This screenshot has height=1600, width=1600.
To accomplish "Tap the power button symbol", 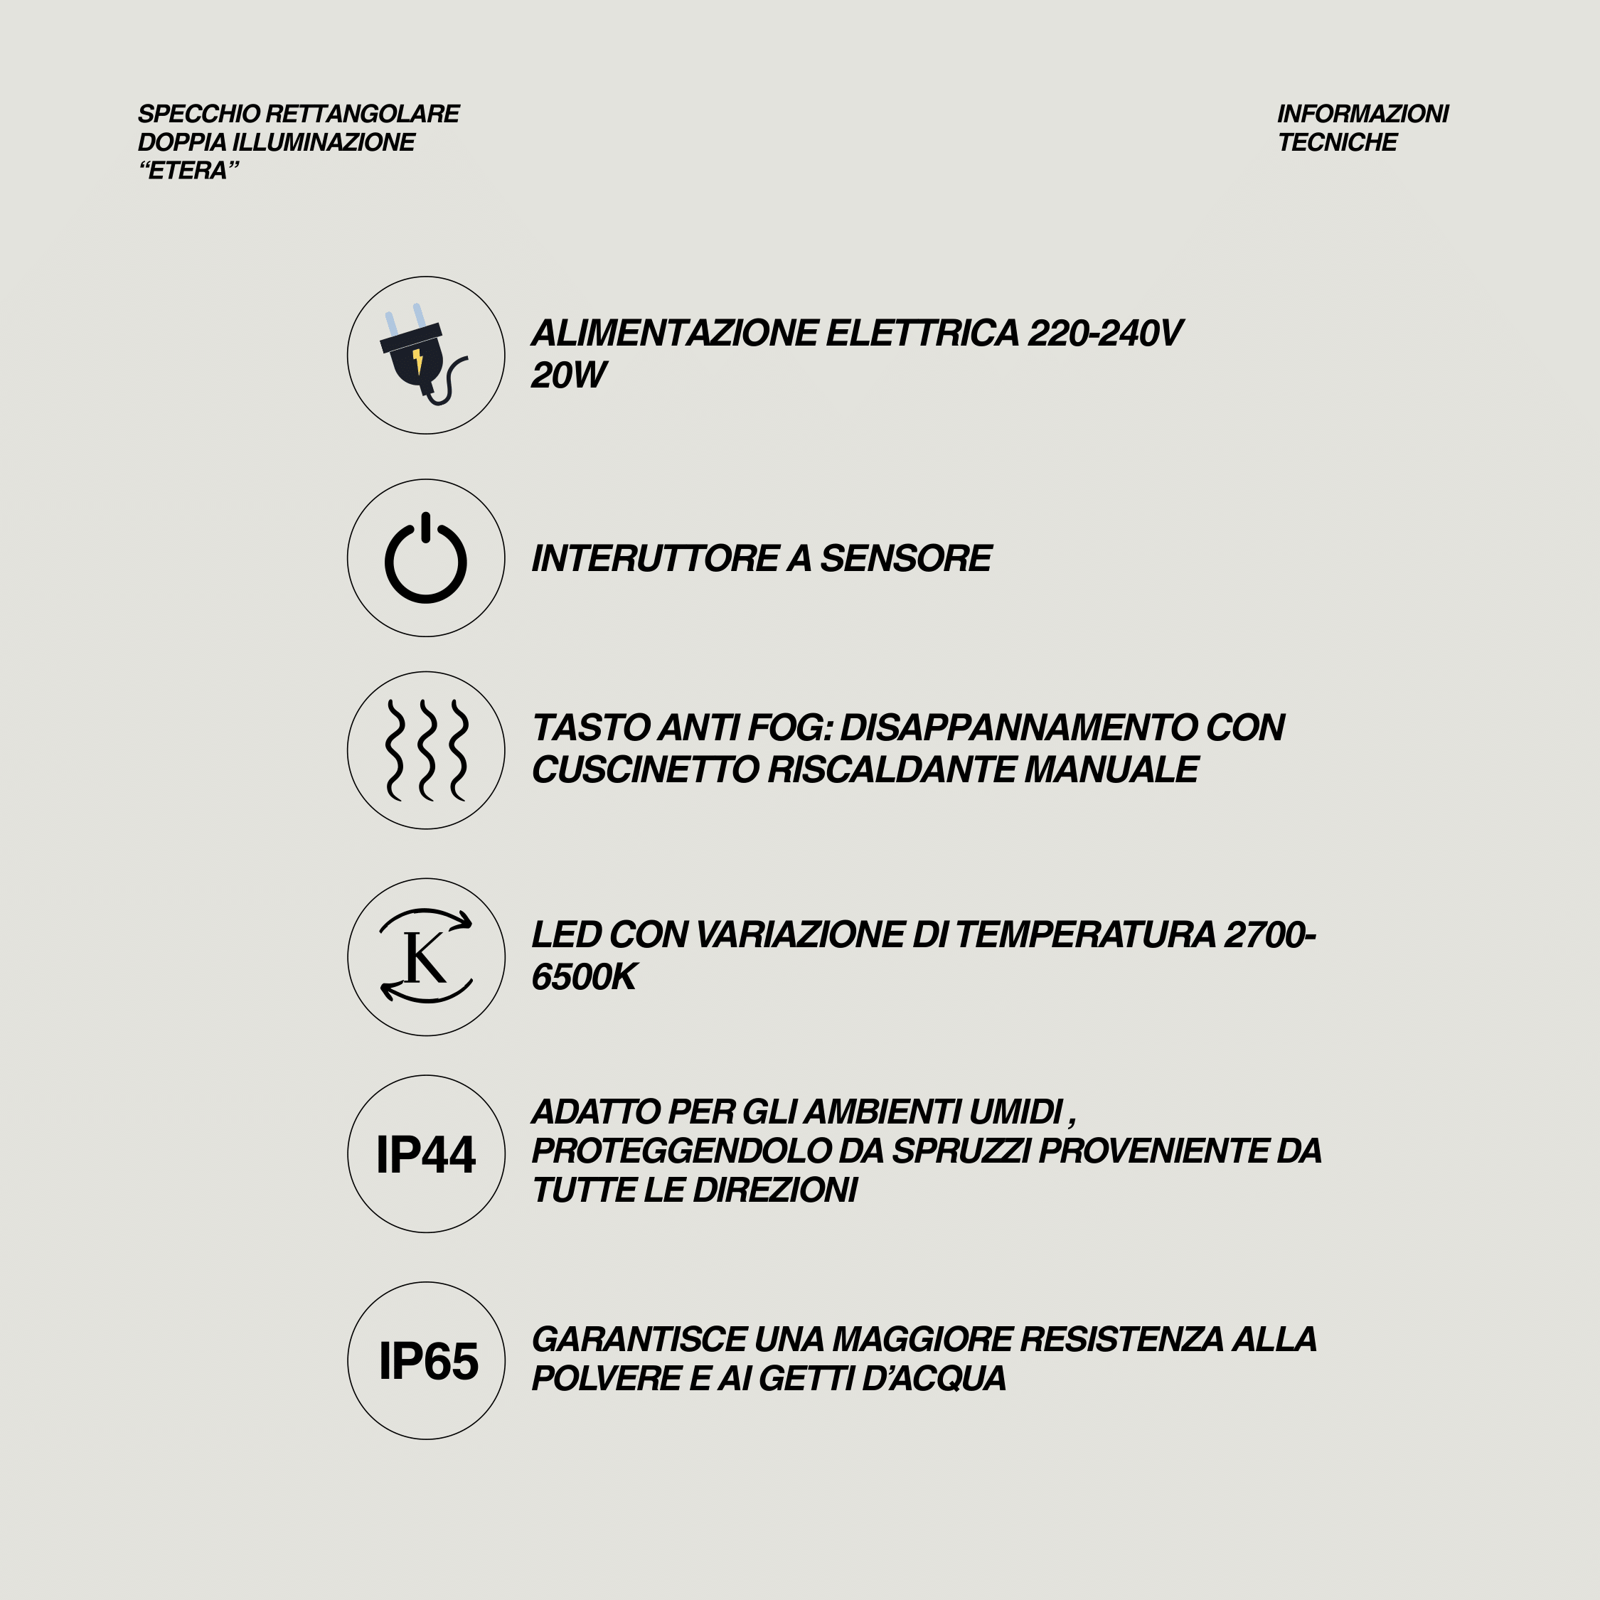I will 426,558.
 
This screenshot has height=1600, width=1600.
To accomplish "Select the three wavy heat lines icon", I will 426,750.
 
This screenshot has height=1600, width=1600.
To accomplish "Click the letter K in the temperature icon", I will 424,958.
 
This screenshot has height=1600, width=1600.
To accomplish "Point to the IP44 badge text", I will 426,1154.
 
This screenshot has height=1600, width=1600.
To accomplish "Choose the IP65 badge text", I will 428,1360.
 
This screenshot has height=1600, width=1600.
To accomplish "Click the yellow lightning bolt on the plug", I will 418,361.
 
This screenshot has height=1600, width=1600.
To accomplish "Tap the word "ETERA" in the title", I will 189,171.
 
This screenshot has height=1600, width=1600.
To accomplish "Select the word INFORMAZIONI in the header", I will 1362,114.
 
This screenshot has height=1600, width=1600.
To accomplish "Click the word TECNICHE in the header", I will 1337,142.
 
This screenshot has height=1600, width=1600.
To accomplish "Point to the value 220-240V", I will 1106,333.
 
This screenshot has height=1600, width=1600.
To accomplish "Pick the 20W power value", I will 568,375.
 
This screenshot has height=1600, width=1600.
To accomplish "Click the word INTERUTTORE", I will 654,558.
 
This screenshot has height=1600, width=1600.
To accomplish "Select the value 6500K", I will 584,977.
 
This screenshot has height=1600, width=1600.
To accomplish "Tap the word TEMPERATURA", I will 1086,934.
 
